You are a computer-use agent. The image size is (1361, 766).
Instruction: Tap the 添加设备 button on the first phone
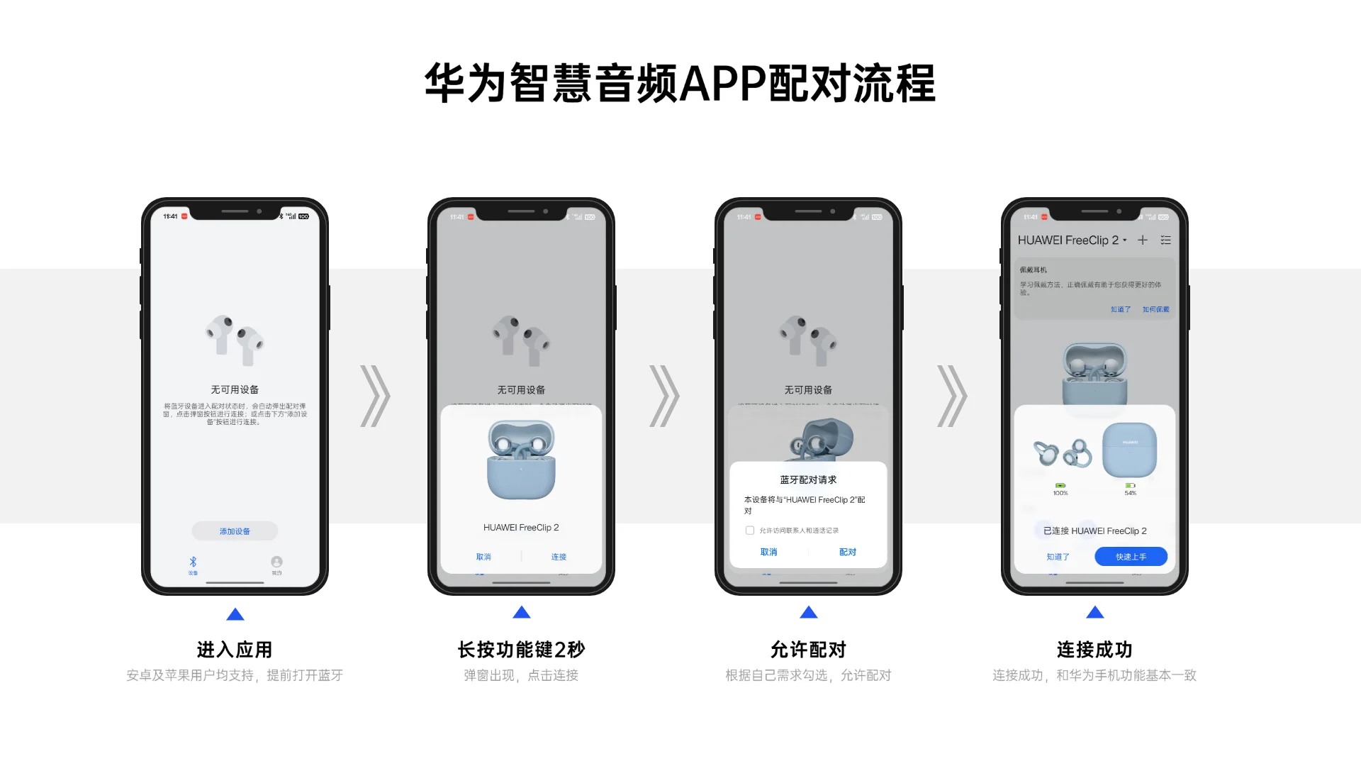(235, 531)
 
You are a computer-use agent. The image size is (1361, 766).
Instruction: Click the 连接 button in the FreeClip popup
(559, 557)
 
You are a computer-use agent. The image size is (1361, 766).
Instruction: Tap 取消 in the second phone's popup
(483, 557)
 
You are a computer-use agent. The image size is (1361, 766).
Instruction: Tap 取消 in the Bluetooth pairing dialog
(768, 552)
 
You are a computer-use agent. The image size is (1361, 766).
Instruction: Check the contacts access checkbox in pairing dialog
(750, 531)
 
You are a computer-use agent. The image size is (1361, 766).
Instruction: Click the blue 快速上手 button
(1131, 557)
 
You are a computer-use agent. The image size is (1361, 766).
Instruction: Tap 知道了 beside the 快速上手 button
(1058, 557)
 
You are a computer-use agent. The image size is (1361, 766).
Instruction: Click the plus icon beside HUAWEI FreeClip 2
(1143, 240)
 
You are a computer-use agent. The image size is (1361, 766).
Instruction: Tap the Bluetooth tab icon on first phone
(193, 562)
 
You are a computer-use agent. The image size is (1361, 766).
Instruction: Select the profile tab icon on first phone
(276, 562)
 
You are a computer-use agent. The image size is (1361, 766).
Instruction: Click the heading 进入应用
(235, 649)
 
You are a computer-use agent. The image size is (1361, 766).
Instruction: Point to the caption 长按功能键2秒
(521, 649)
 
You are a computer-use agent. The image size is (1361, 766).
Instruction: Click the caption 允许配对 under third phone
(808, 649)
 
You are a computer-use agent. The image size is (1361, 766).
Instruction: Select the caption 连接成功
(1094, 649)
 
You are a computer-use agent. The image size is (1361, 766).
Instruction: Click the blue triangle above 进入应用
(235, 615)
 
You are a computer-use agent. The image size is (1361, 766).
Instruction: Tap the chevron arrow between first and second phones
(375, 396)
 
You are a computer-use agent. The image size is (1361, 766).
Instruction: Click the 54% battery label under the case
(1130, 493)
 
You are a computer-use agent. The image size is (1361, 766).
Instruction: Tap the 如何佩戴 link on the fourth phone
(1155, 309)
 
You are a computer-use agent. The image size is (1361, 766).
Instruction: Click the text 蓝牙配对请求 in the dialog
(808, 480)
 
